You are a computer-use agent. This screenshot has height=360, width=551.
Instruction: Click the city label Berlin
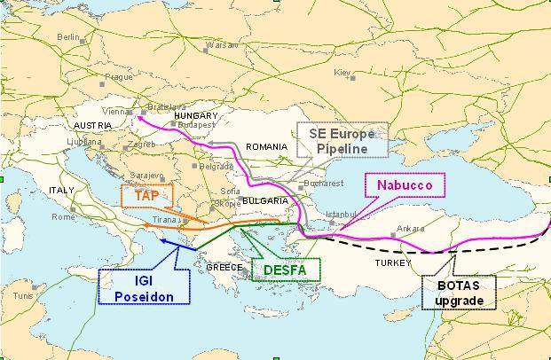(x=67, y=37)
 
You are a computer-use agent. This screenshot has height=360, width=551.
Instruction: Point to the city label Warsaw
(x=220, y=44)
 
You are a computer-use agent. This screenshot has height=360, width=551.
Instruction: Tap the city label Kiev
(x=342, y=72)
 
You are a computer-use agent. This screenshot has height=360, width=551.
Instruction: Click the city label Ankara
(x=410, y=228)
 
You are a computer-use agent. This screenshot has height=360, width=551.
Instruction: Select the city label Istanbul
(x=341, y=215)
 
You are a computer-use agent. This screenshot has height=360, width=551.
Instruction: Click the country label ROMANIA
(x=266, y=146)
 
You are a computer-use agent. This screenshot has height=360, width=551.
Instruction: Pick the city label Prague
(x=118, y=77)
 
